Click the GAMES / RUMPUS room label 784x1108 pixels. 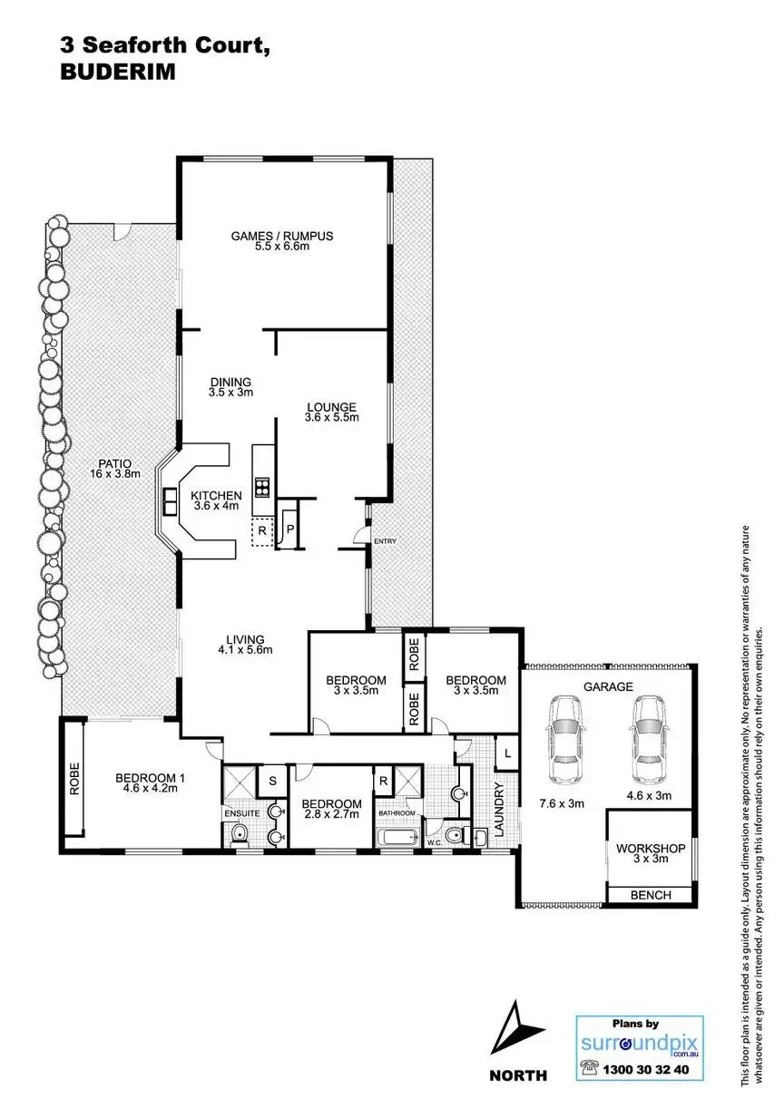(282, 236)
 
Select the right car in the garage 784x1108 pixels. (649, 731)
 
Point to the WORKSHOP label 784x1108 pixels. (649, 849)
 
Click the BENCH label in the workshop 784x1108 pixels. (651, 895)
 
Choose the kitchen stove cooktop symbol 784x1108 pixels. (263, 488)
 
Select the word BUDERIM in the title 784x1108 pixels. (116, 73)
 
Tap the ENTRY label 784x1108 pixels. (386, 541)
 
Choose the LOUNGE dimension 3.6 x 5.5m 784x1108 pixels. (331, 418)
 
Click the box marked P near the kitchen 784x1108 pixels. (291, 529)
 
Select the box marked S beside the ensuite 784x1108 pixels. (271, 779)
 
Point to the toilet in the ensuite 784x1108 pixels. (239, 833)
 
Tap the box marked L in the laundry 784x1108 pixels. (506, 752)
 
